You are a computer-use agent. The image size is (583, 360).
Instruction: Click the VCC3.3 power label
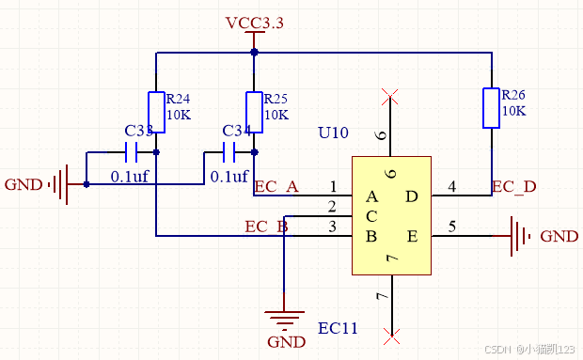(254, 23)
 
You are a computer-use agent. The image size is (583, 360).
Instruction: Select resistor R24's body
(156, 110)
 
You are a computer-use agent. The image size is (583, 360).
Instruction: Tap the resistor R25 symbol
(254, 110)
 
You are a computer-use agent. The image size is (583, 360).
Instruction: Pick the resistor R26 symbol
(491, 107)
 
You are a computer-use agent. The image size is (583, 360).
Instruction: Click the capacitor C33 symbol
(132, 152)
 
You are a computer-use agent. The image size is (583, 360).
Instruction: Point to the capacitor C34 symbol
(229, 152)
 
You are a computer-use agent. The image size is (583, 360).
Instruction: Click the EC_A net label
(276, 186)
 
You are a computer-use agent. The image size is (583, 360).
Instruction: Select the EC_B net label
(266, 226)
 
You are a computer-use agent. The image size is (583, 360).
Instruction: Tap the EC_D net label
(513, 186)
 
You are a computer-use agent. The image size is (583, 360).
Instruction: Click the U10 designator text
(333, 133)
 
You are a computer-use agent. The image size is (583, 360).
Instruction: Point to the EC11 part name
(338, 328)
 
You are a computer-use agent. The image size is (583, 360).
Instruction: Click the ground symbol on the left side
(58, 184)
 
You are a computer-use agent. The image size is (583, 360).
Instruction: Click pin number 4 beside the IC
(451, 187)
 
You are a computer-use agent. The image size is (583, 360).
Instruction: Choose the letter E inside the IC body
(412, 235)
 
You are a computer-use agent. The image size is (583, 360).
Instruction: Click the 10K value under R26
(513, 111)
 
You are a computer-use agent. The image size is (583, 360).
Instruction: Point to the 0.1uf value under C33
(131, 176)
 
